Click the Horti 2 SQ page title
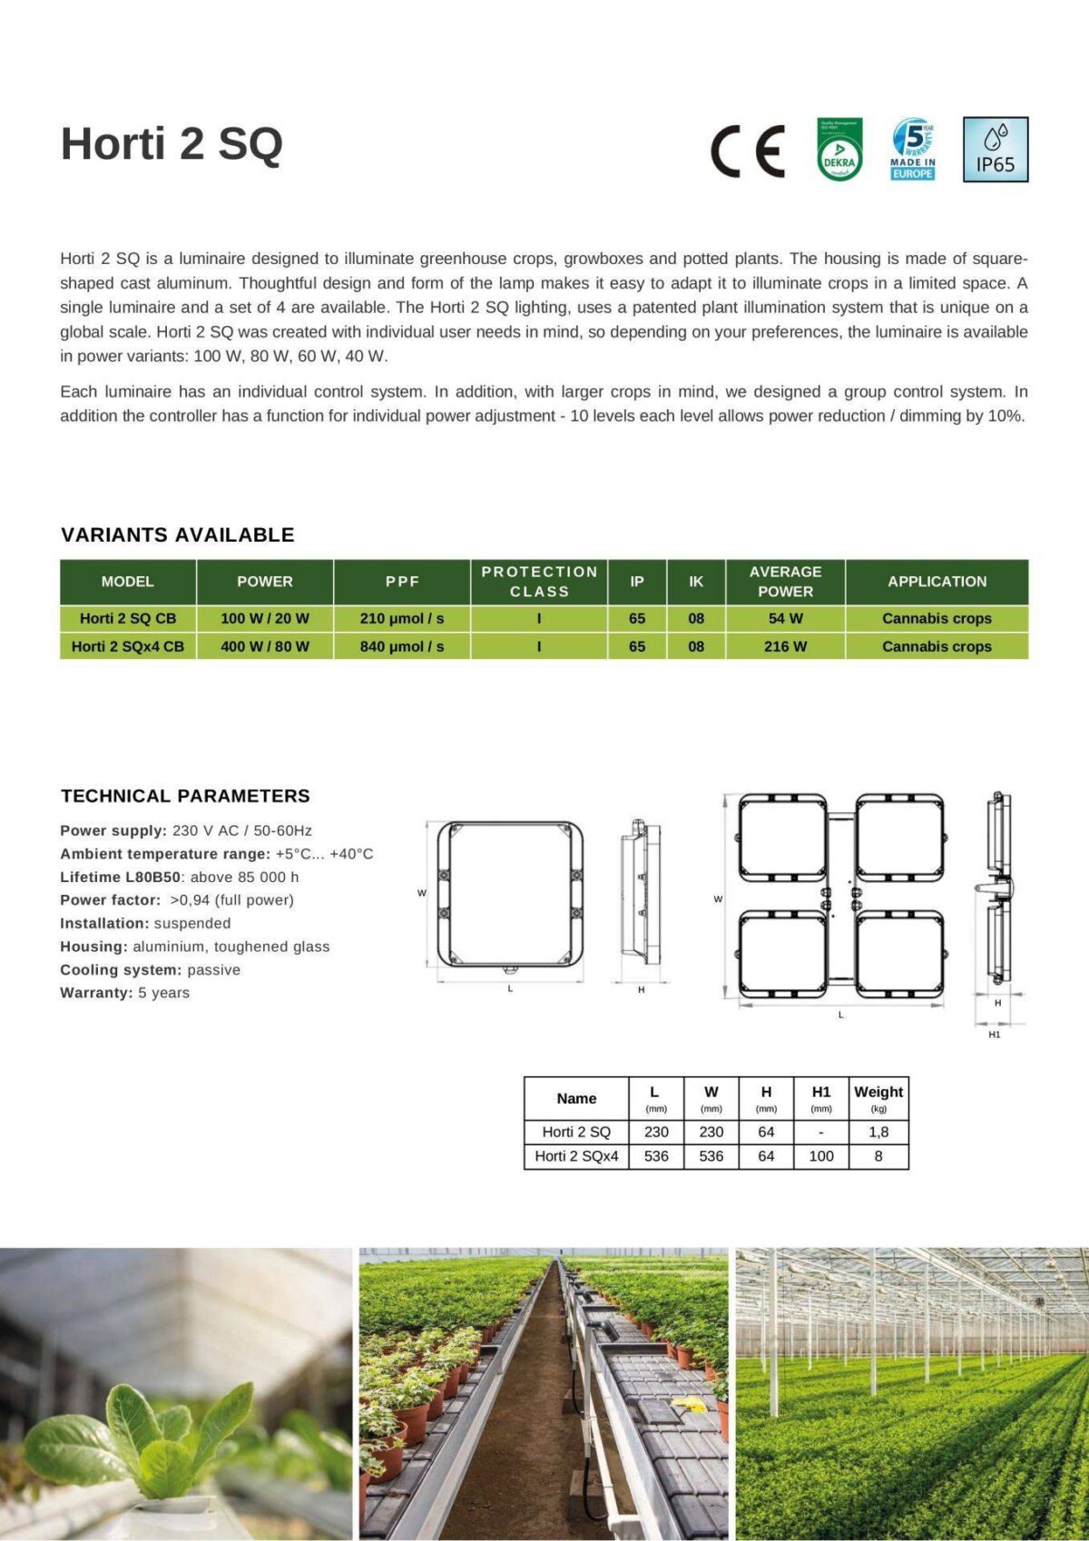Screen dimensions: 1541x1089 point(172,144)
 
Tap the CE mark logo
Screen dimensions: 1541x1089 point(747,151)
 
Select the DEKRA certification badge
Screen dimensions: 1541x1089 point(839,150)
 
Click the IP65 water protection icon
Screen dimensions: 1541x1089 point(995,150)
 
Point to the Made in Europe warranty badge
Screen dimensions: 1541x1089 point(913,150)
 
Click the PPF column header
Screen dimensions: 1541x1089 point(402,582)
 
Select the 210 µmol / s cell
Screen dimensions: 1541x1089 point(402,619)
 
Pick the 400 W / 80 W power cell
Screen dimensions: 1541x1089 point(265,646)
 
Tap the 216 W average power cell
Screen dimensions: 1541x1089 point(785,646)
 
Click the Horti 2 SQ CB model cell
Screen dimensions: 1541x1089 point(128,619)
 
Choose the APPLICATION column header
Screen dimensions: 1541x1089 point(937,582)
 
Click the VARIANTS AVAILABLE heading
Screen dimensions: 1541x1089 point(178,535)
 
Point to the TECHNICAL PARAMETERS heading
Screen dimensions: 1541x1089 point(185,796)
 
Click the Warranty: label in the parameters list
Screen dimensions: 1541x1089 point(96,993)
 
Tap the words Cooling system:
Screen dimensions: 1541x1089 point(121,970)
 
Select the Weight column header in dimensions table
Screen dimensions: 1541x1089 point(878,1093)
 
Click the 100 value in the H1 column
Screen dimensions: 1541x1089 point(820,1156)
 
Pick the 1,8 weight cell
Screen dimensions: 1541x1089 point(878,1133)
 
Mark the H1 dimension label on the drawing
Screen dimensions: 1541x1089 point(994,1035)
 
